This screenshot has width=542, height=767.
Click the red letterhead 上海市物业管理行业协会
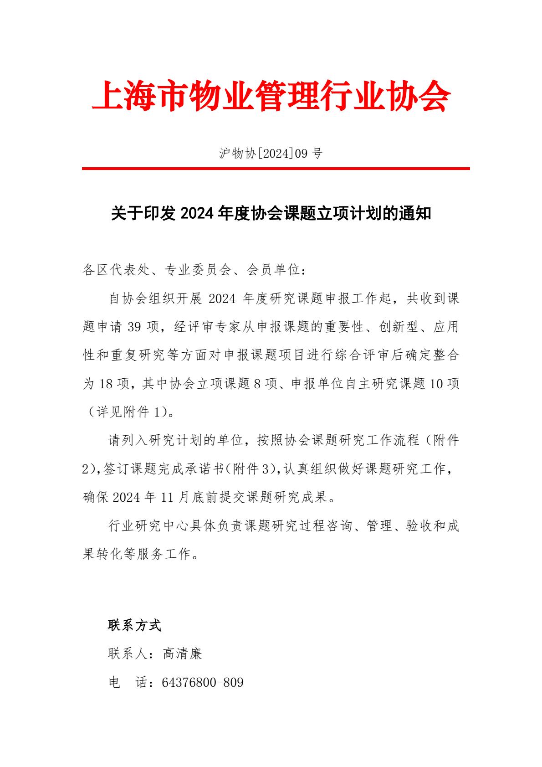tap(271, 97)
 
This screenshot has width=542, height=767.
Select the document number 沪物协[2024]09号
tap(271, 154)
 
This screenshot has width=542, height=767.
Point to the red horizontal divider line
tap(276, 169)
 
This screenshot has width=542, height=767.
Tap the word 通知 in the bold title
tap(414, 213)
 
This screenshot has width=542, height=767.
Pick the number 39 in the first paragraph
tap(136, 327)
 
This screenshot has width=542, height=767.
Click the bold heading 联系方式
tap(135, 625)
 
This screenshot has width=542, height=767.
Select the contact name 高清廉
tap(182, 654)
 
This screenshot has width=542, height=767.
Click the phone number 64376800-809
tap(203, 682)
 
